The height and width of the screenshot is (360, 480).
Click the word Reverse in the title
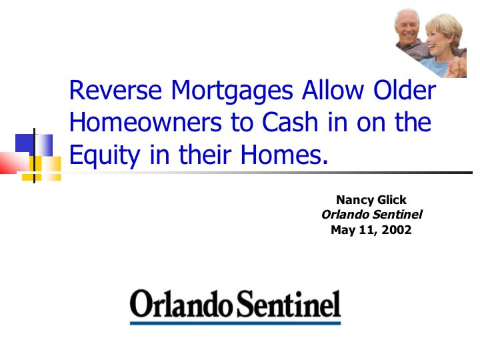pyautogui.click(x=115, y=90)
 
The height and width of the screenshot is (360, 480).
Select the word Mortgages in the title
pyautogui.click(x=232, y=91)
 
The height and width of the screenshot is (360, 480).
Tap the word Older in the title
pyautogui.click(x=405, y=90)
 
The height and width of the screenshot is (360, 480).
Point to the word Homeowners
pyautogui.click(x=145, y=122)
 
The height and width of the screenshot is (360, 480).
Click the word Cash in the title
pyautogui.click(x=289, y=122)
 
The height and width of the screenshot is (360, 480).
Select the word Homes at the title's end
pyautogui.click(x=284, y=155)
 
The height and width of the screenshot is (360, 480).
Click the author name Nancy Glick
pyautogui.click(x=371, y=200)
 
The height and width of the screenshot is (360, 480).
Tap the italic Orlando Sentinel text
pyautogui.click(x=371, y=214)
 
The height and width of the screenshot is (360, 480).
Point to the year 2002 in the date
pyautogui.click(x=397, y=229)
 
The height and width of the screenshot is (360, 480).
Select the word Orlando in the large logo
pyautogui.click(x=181, y=304)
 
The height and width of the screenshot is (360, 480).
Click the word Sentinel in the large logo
pyautogui.click(x=289, y=304)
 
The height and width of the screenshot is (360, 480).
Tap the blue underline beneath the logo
pyautogui.click(x=235, y=323)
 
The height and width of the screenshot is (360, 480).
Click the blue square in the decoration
pyautogui.click(x=34, y=145)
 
